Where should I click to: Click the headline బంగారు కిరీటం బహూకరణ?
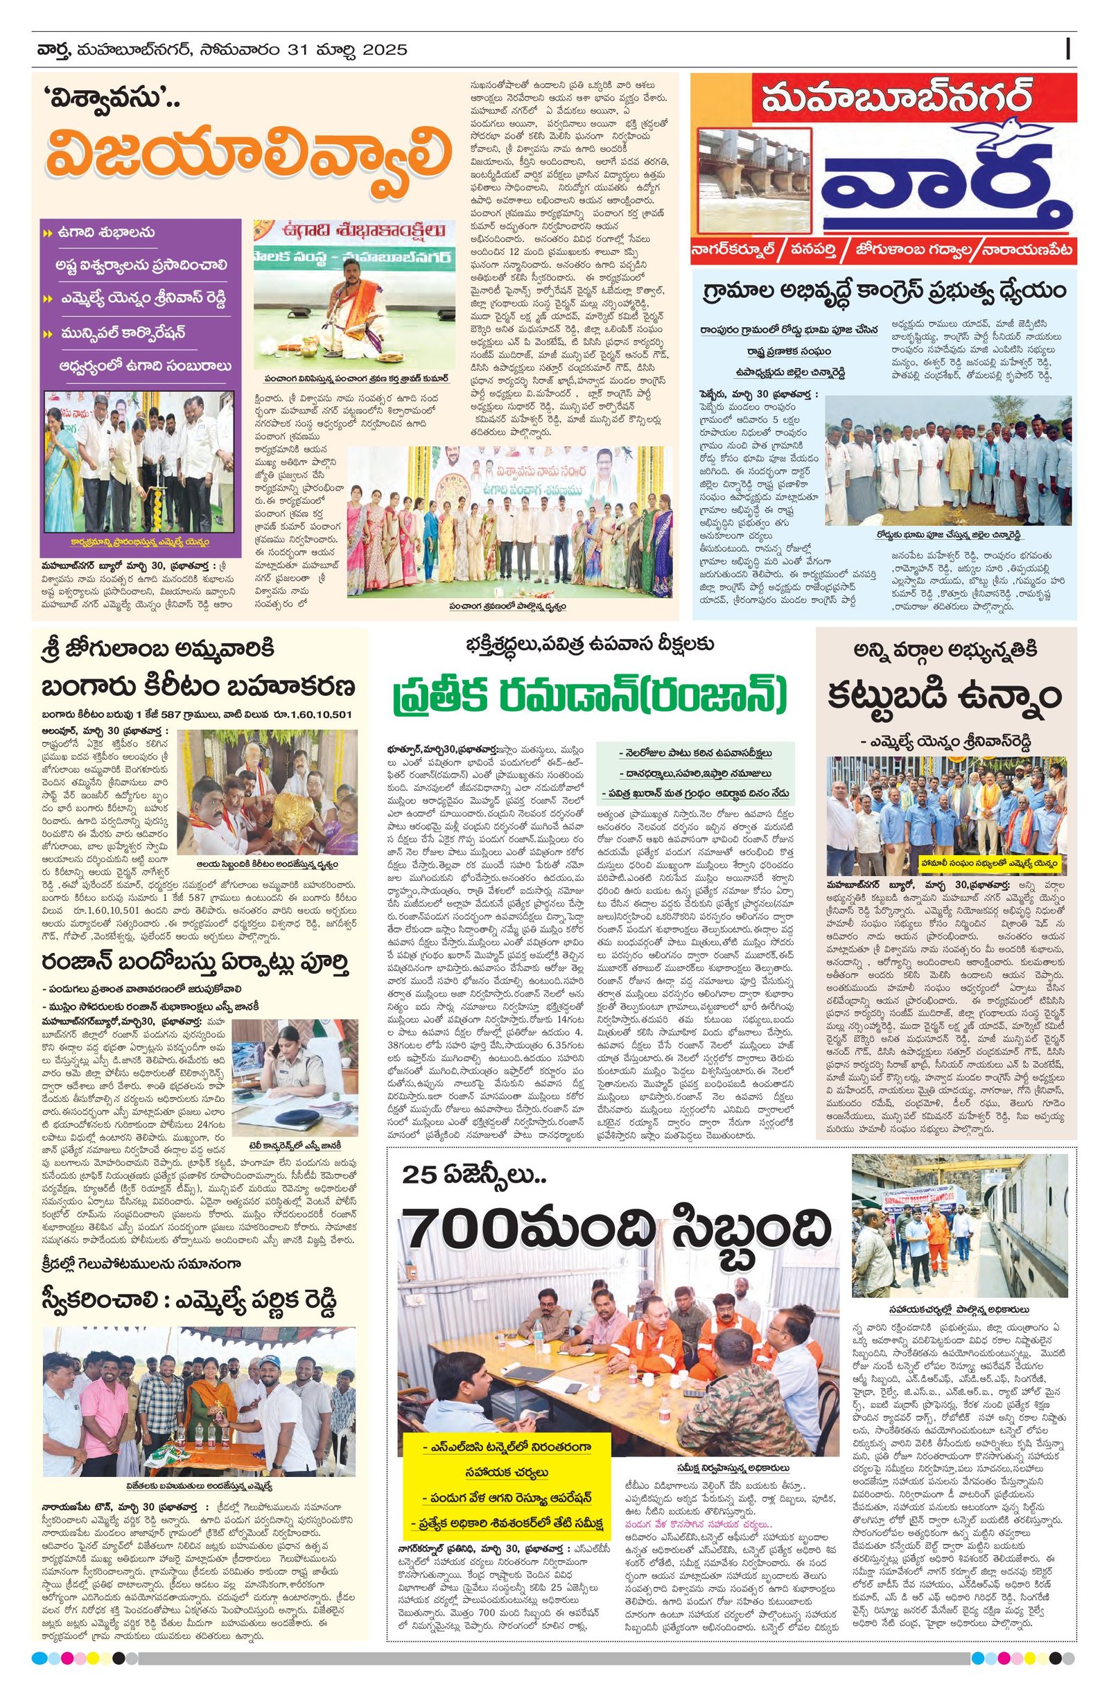(x=198, y=687)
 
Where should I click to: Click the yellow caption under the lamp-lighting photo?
(x=139, y=541)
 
